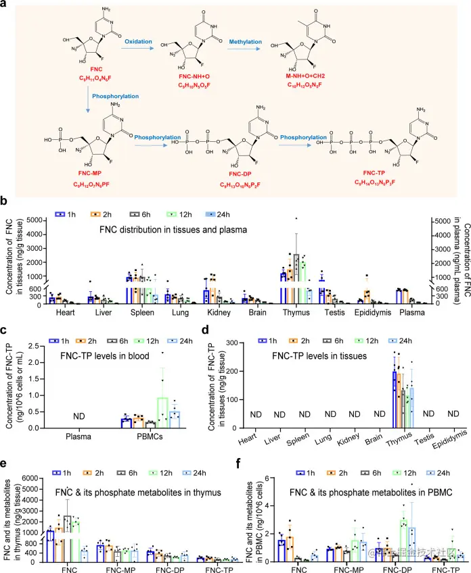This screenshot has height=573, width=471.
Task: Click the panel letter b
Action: coord(5,201)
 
